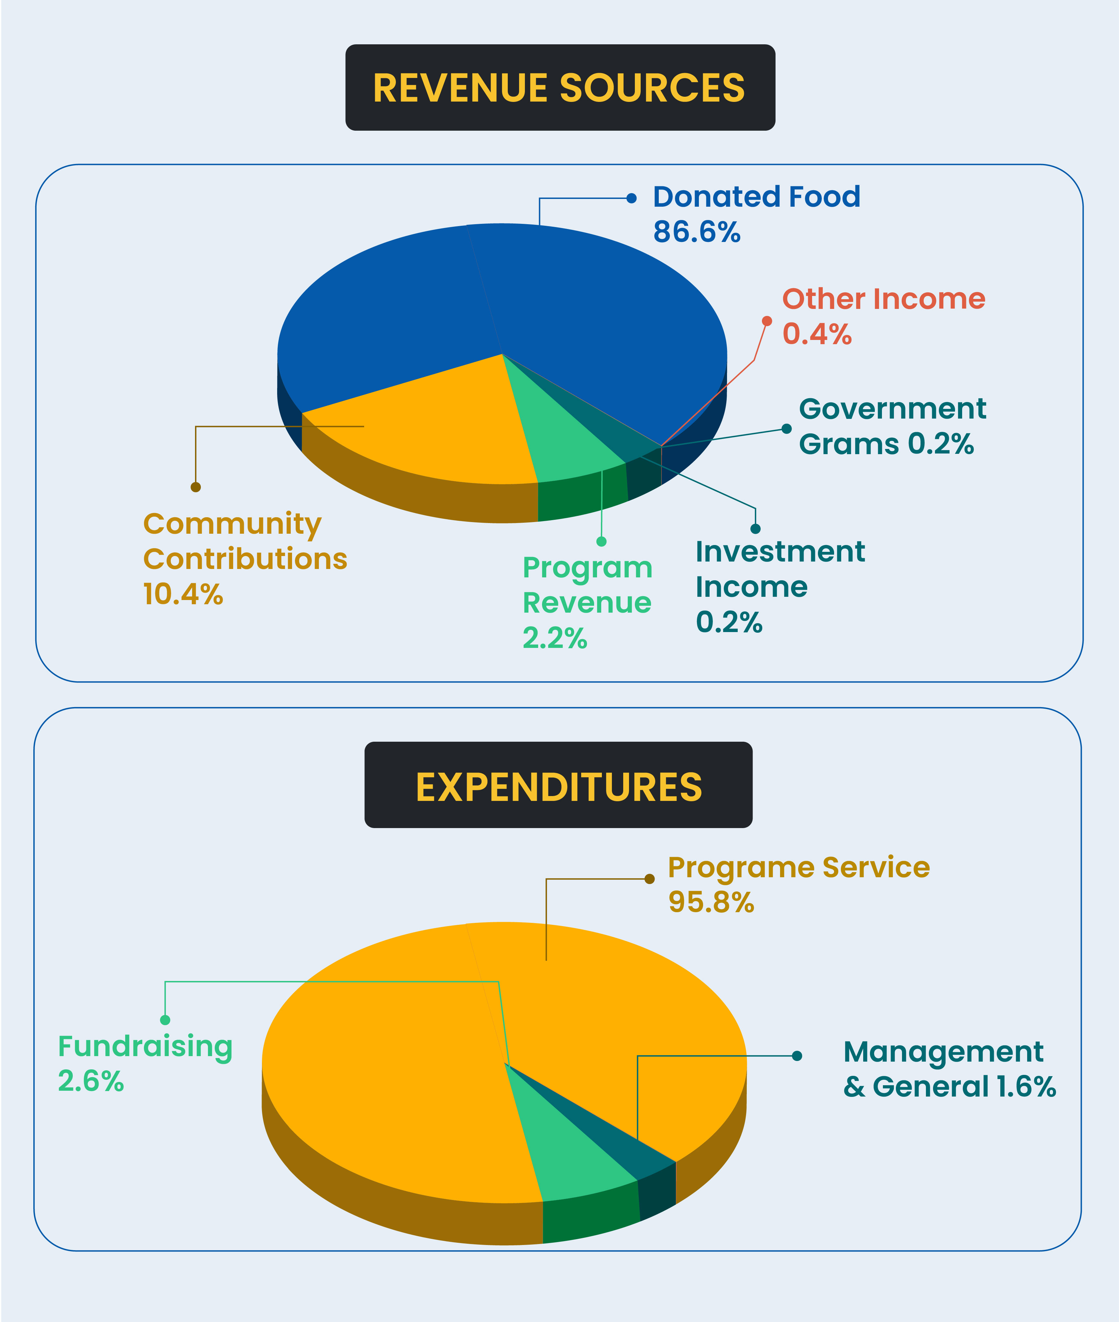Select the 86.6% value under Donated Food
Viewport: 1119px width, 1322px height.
point(697,232)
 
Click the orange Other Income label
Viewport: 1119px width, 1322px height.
point(883,299)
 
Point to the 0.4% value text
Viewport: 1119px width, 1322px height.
point(816,334)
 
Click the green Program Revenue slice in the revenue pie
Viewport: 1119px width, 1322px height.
point(561,438)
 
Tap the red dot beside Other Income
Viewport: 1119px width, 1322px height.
point(767,321)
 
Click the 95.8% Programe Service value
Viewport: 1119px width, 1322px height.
point(711,902)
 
